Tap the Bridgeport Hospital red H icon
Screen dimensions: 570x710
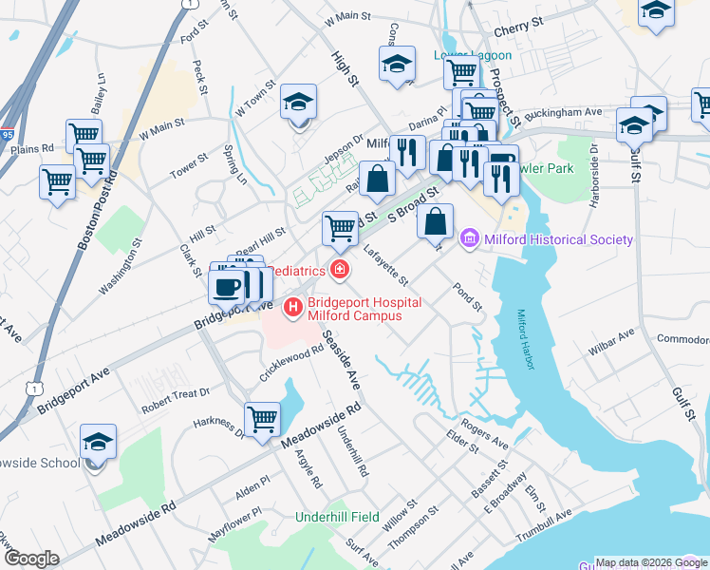point(293,306)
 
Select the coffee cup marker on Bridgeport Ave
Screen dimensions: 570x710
point(226,286)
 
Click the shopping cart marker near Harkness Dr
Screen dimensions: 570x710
point(262,418)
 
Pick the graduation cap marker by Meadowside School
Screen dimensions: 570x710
point(97,443)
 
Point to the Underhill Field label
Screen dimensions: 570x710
point(338,517)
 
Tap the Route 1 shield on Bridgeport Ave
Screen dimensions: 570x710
point(34,388)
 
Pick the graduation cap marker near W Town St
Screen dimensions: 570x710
point(298,104)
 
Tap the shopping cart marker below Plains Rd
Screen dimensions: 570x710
point(58,181)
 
